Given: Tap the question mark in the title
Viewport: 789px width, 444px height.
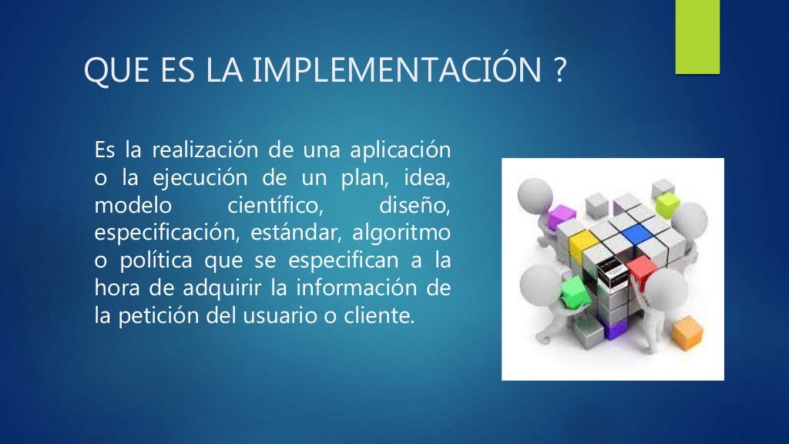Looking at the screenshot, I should (559, 72).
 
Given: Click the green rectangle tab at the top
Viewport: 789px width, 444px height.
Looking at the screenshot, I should (697, 37).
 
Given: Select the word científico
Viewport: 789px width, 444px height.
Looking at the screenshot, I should (274, 207).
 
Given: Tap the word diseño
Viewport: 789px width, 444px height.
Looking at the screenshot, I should (415, 207).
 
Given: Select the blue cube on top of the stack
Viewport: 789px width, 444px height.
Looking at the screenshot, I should (636, 234).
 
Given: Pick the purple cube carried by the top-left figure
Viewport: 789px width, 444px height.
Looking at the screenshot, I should (560, 217).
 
